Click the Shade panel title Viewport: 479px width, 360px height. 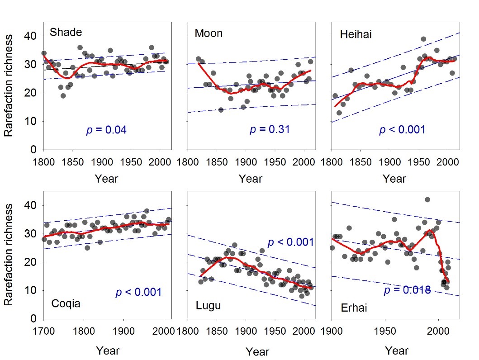66,32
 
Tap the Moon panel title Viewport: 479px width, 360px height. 209,33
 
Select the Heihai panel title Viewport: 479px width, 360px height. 356,34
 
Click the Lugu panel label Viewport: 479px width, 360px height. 208,305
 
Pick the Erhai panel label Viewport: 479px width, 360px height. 355,309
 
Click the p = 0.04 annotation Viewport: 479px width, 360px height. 106,131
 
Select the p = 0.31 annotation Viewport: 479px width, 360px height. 270,130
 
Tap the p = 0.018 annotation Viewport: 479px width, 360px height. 407,290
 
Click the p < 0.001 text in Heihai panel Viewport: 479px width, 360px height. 402,130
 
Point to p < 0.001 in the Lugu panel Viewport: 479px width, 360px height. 290,242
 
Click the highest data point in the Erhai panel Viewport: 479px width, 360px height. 427,199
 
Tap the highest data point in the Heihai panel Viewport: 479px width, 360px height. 423,39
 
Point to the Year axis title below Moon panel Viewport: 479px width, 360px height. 251,179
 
